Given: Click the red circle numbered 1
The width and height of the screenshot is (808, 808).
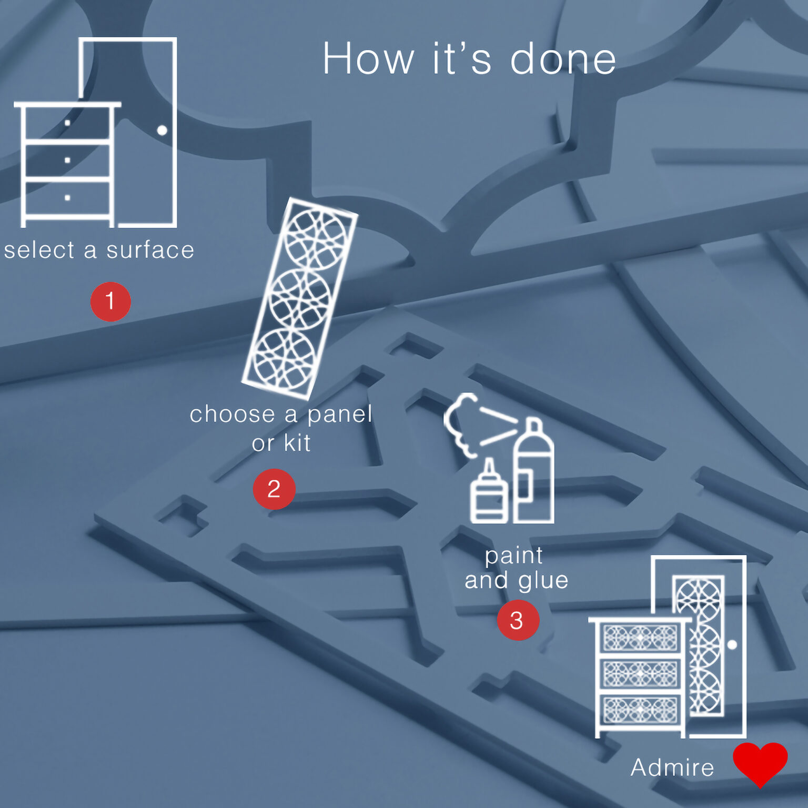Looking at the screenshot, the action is pyautogui.click(x=110, y=301).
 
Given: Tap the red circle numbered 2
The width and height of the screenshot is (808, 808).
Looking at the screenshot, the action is pyautogui.click(x=274, y=489).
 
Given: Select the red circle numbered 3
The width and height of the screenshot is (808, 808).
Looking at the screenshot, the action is pyautogui.click(x=518, y=620).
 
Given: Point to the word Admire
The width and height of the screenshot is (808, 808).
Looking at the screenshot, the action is pyautogui.click(x=672, y=767).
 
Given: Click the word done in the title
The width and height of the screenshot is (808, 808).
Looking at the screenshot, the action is pyautogui.click(x=563, y=58).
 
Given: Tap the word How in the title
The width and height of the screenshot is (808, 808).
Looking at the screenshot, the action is pyautogui.click(x=368, y=58).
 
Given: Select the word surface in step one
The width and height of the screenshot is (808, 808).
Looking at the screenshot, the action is pyautogui.click(x=150, y=250).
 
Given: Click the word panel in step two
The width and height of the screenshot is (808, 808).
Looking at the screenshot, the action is pyautogui.click(x=340, y=415).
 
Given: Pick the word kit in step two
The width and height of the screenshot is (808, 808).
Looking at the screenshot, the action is pyautogui.click(x=297, y=443).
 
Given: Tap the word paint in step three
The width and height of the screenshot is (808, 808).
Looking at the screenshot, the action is pyautogui.click(x=514, y=556).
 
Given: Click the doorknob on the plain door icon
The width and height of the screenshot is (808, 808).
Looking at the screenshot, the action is pyautogui.click(x=162, y=130).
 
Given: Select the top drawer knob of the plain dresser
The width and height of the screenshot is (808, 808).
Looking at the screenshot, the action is pyautogui.click(x=67, y=123).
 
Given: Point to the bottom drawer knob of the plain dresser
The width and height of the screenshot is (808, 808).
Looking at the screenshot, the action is pyautogui.click(x=67, y=198).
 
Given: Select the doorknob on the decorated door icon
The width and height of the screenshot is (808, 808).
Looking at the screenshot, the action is pyautogui.click(x=732, y=644).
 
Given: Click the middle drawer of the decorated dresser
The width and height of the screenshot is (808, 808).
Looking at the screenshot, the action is pyautogui.click(x=640, y=674).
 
